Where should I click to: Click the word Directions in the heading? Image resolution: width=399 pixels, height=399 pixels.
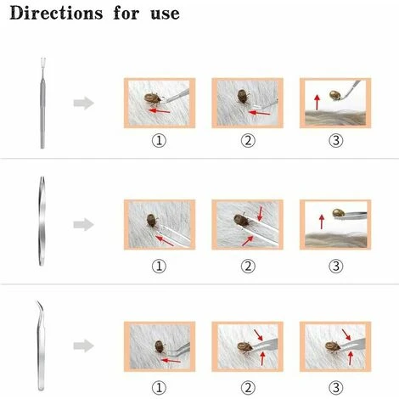tap(56, 13)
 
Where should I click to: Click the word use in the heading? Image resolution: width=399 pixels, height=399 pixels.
tap(166, 14)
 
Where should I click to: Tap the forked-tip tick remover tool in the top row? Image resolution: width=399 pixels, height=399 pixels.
tap(42, 103)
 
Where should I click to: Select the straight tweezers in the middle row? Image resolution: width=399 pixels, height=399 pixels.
tap(42, 222)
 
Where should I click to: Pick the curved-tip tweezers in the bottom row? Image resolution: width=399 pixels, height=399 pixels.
tap(41, 346)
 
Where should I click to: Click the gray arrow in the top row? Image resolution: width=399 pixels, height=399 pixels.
tap(84, 103)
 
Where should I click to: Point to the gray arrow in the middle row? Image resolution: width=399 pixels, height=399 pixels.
tap(84, 224)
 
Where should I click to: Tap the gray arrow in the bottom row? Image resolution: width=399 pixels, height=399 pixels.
tap(84, 346)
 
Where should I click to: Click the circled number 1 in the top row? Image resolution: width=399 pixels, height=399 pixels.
tap(159, 141)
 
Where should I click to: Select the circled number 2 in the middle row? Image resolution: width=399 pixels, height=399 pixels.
tap(248, 266)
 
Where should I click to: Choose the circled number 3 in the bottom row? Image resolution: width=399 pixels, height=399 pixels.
tap(336, 388)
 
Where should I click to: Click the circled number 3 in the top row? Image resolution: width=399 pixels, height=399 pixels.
tap(336, 141)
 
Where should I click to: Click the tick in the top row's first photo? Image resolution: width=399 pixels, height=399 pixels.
tap(153, 98)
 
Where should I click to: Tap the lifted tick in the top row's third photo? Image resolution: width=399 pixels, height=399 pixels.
tap(335, 95)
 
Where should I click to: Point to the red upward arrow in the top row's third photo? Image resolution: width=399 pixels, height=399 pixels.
tap(318, 102)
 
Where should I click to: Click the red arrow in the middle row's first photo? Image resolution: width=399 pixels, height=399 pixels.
tap(165, 241)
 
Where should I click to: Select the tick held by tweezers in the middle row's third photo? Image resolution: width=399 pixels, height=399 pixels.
tap(338, 213)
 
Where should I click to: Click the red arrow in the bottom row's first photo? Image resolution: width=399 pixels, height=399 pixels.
tap(171, 361)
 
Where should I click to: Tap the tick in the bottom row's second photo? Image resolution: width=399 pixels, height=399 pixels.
tap(244, 347)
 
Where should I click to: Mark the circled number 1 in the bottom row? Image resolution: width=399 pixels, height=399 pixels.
tap(159, 388)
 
